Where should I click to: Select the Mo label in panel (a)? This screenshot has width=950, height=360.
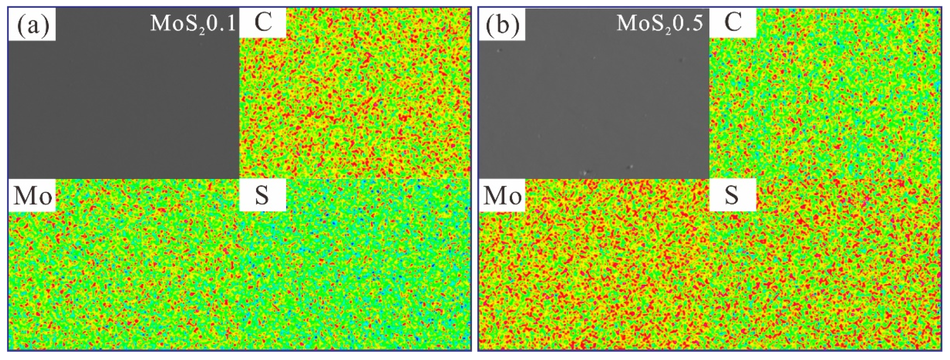coord(32,195)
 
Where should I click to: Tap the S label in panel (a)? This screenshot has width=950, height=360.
coord(262,195)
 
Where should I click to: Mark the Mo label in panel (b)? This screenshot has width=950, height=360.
coord(502,195)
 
